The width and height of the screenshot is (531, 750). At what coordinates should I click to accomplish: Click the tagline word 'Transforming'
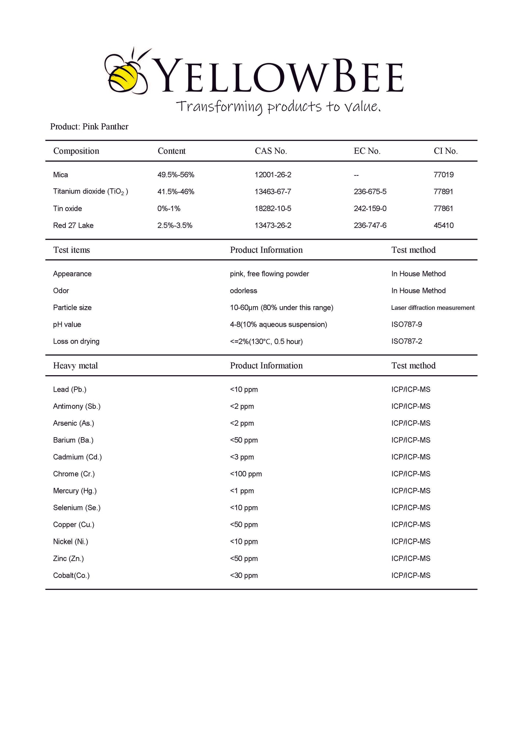pyautogui.click(x=219, y=107)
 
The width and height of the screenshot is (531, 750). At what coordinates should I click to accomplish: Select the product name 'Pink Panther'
pyautogui.click(x=105, y=127)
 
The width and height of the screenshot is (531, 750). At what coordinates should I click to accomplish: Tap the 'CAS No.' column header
pyautogui.click(x=271, y=151)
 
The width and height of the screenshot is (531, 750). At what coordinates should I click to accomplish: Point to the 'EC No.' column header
pyautogui.click(x=367, y=151)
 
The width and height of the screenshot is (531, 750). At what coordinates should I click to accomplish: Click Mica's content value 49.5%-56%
pyautogui.click(x=176, y=175)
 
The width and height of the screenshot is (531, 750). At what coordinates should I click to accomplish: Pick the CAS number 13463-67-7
pyautogui.click(x=273, y=192)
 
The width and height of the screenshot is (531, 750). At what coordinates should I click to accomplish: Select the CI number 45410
pyautogui.click(x=444, y=225)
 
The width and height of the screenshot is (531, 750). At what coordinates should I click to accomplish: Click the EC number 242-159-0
pyautogui.click(x=370, y=209)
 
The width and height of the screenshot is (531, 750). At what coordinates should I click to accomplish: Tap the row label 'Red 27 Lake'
pyautogui.click(x=73, y=225)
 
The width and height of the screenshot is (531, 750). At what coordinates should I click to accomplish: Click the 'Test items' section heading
pyautogui.click(x=71, y=250)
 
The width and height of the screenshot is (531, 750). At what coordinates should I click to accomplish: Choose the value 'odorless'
pyautogui.click(x=243, y=291)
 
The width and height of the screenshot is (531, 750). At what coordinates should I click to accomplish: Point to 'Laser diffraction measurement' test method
pyautogui.click(x=433, y=308)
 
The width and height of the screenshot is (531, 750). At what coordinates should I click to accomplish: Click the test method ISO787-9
pyautogui.click(x=406, y=325)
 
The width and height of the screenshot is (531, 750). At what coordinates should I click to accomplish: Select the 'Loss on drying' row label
pyautogui.click(x=76, y=341)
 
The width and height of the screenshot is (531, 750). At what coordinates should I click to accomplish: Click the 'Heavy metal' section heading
pyautogui.click(x=75, y=366)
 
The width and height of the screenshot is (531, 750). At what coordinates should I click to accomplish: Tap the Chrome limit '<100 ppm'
pyautogui.click(x=246, y=474)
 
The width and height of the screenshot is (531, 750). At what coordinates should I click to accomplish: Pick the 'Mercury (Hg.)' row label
pyautogui.click(x=75, y=491)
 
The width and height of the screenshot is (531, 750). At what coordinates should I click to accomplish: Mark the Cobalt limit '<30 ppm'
pyautogui.click(x=244, y=575)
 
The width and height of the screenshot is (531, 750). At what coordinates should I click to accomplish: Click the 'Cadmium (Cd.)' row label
pyautogui.click(x=77, y=457)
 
